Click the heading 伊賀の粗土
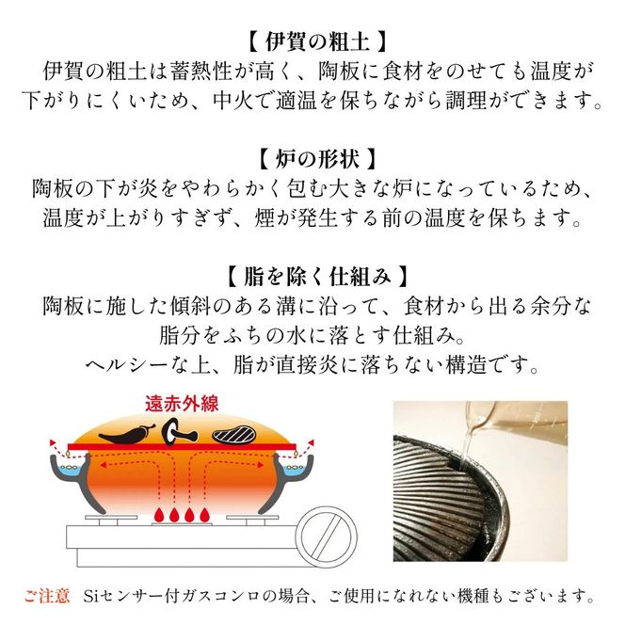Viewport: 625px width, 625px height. tap(312, 42)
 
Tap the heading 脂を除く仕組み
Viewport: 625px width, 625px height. tap(312, 277)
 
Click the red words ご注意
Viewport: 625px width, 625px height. tap(47, 596)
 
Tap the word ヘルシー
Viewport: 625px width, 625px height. tap(130, 364)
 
